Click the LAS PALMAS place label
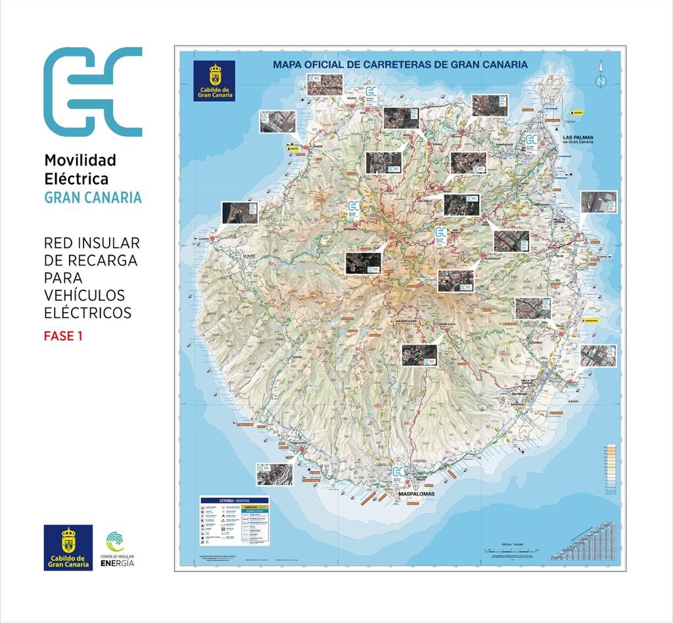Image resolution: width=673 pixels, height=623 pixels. (x=579, y=138)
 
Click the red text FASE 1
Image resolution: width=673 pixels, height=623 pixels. (x=63, y=336)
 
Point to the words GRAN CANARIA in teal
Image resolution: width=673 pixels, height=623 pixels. (x=93, y=197)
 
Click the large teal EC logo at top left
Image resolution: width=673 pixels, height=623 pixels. (x=93, y=91)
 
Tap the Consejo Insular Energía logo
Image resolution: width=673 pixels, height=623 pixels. (x=120, y=549)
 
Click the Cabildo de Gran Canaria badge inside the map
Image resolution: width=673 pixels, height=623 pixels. (x=214, y=81)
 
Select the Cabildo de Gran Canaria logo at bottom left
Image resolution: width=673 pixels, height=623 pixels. (x=68, y=547)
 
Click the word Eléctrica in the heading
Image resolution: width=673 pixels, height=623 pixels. (x=76, y=178)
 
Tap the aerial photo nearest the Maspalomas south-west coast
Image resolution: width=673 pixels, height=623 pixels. (x=274, y=473)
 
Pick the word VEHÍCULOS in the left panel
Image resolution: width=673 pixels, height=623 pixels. (x=84, y=295)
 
